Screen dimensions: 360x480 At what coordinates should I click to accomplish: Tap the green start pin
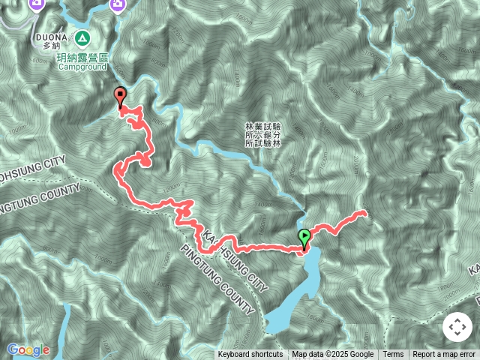(x=304, y=238)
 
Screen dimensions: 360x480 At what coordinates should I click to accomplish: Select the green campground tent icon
(x=81, y=37)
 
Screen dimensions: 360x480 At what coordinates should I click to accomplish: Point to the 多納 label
(x=51, y=46)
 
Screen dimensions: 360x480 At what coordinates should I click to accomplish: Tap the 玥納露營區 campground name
(x=82, y=57)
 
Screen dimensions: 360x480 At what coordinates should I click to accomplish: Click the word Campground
(x=82, y=66)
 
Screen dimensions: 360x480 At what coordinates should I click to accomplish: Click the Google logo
(x=28, y=349)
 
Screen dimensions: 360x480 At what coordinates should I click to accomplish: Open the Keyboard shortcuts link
(x=250, y=355)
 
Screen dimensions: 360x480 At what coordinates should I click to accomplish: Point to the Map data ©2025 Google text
(x=333, y=355)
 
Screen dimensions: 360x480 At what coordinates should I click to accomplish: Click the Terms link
(x=393, y=355)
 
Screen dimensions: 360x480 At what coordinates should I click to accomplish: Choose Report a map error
(x=445, y=355)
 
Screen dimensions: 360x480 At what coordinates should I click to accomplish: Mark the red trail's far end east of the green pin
(x=365, y=213)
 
